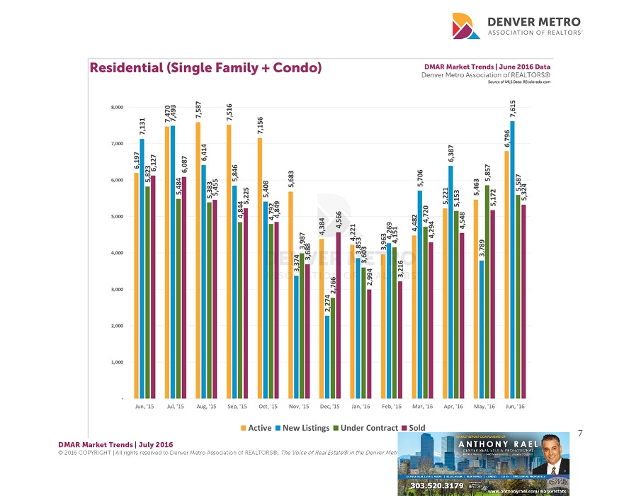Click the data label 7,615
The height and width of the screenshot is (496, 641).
[512, 110]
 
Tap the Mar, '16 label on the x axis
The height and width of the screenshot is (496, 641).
[423, 407]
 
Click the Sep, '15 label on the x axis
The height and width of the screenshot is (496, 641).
[237, 407]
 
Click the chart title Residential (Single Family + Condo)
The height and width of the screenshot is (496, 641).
[205, 68]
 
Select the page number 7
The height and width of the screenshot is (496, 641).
[580, 432]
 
